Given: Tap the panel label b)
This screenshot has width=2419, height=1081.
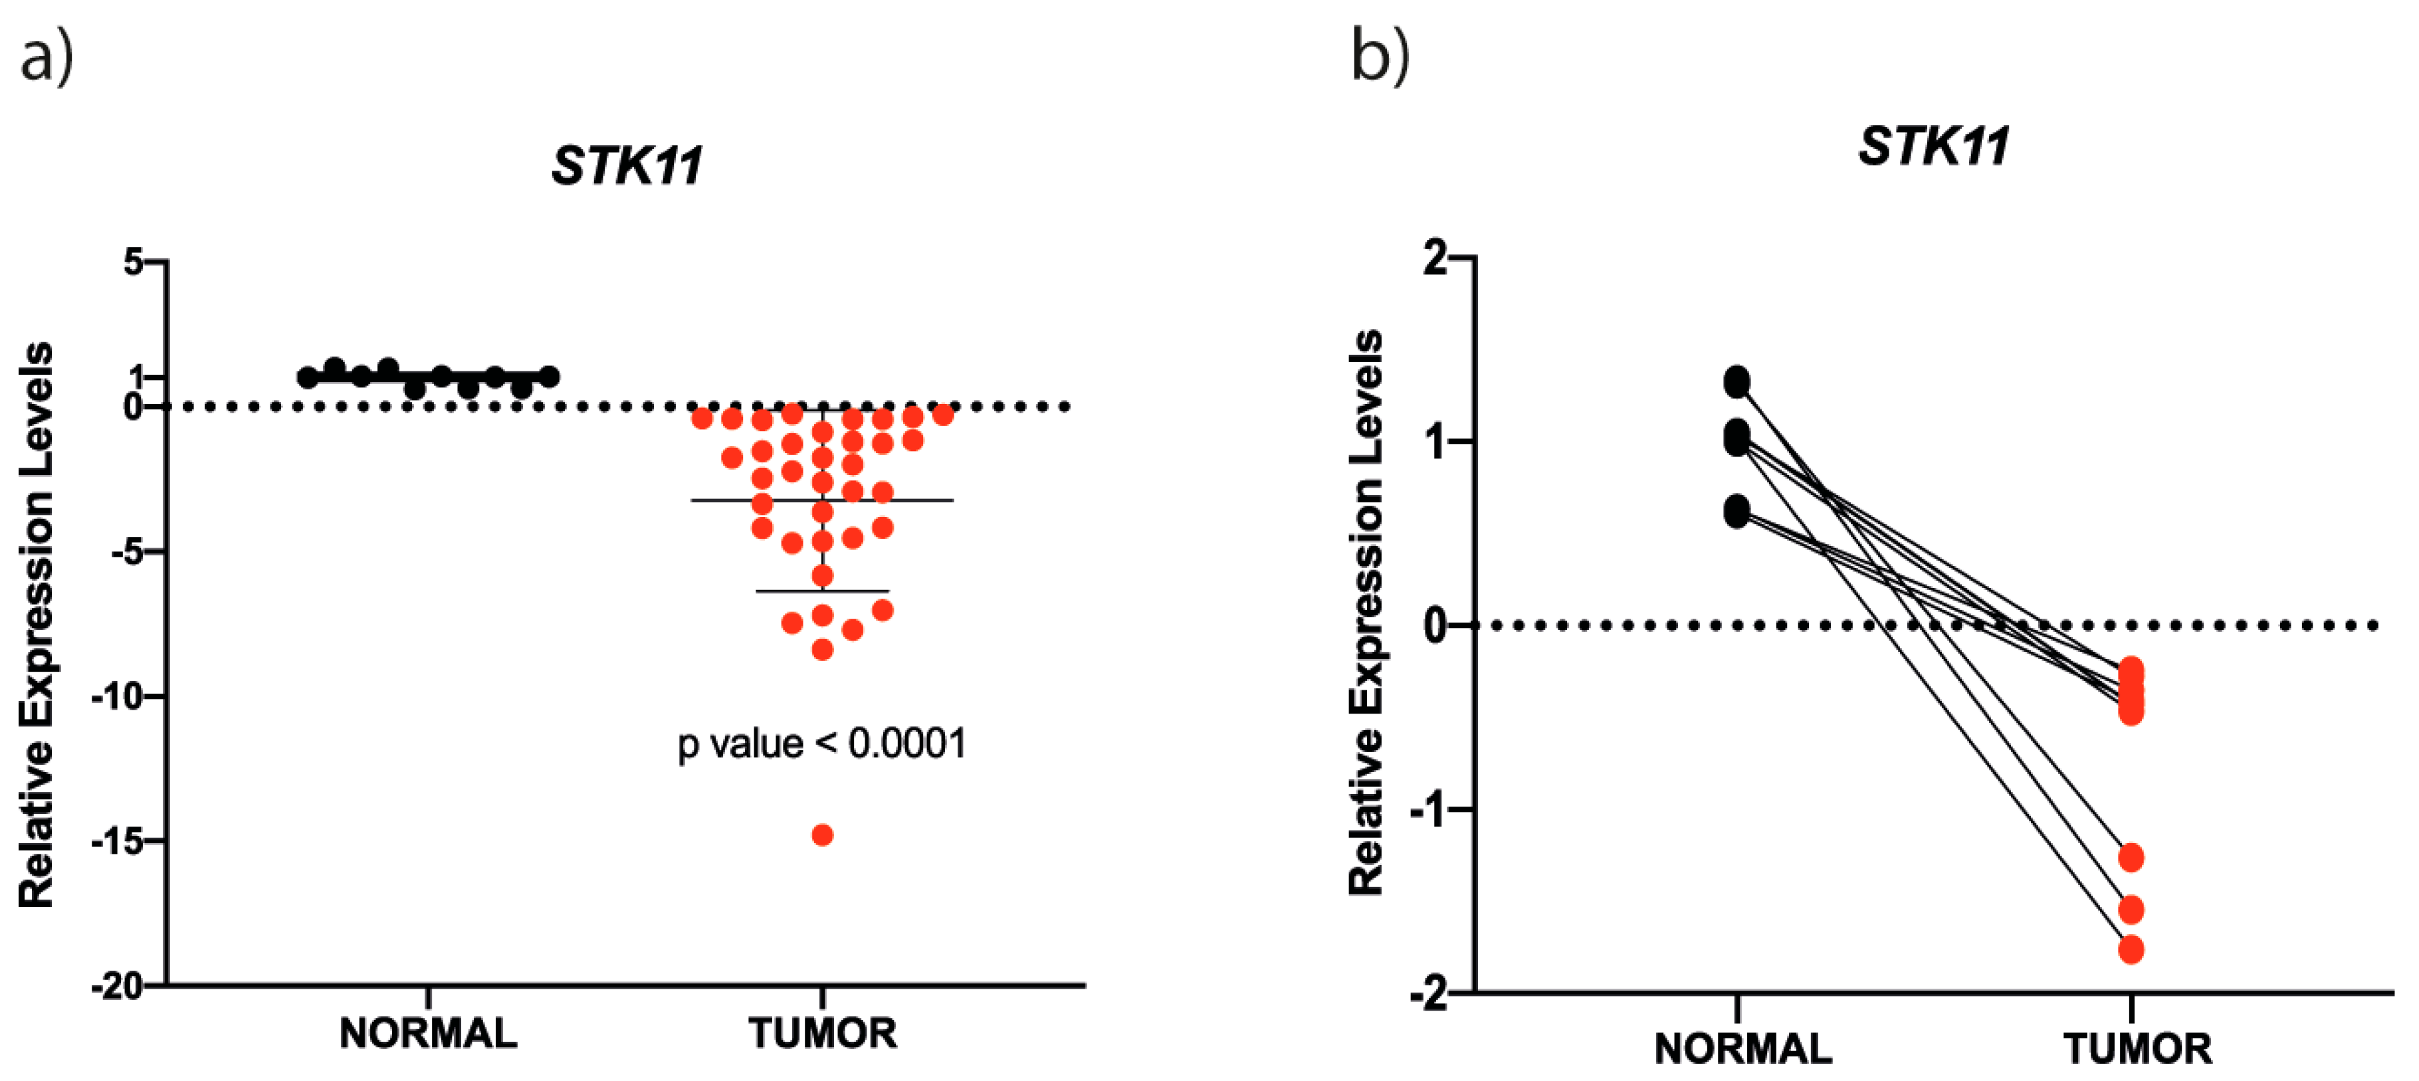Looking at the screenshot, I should coord(1380,56).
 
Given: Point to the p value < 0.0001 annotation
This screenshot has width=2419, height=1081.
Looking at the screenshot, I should coord(821,744).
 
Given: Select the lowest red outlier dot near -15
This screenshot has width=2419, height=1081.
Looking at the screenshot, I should coord(821,835).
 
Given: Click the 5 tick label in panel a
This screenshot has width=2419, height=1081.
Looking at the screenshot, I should coord(134,262).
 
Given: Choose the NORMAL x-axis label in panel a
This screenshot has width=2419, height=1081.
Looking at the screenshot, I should coord(427,1033).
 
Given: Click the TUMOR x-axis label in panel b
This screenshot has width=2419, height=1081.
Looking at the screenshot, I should coord(2137,1049).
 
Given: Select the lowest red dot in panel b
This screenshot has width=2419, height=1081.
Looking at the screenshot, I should coord(2131,949).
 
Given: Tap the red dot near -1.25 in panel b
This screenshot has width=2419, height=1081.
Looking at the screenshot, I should coord(2131,856).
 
